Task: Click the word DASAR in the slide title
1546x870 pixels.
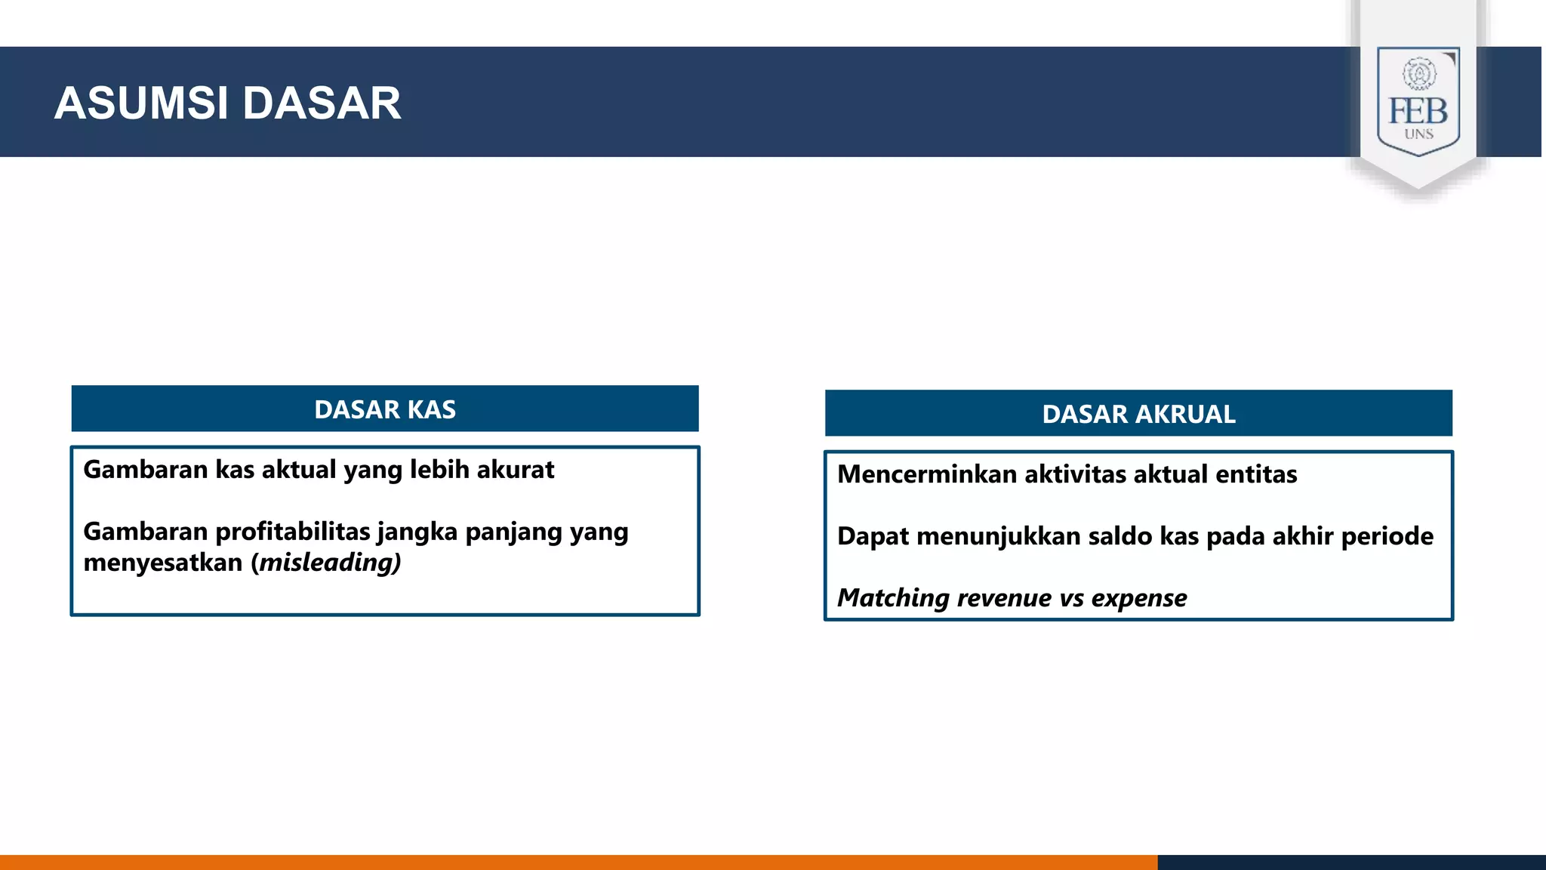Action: pos(322,103)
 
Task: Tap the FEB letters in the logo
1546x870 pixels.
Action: pos(1418,112)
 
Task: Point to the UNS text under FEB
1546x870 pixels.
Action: pos(1418,134)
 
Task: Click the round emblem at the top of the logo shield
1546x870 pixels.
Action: pos(1419,74)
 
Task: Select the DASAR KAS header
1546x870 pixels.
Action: pos(385,409)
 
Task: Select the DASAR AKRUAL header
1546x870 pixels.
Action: pos(1138,414)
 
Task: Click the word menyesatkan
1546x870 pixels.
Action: pos(162,563)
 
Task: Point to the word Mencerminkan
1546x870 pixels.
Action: pos(926,474)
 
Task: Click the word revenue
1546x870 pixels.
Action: pos(1003,598)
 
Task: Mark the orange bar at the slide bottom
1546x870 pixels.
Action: pos(578,862)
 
